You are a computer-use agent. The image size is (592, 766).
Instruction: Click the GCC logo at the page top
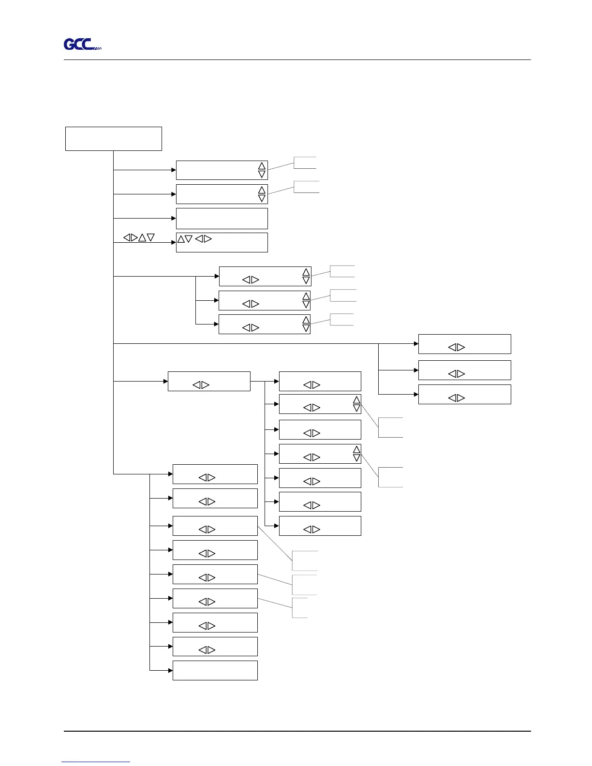click(82, 45)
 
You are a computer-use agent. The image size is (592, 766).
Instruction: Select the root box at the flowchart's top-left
click(113, 139)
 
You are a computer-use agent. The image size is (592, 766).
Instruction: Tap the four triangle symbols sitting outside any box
click(139, 237)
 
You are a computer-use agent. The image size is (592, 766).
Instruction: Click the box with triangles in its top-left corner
click(222, 242)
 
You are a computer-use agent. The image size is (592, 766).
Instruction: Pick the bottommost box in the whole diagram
click(215, 670)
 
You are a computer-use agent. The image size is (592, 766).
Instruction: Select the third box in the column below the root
click(222, 219)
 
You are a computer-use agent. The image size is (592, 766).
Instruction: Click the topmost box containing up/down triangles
click(222, 170)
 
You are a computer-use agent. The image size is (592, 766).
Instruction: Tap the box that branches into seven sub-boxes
click(209, 381)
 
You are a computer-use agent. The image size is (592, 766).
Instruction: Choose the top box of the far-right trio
click(464, 344)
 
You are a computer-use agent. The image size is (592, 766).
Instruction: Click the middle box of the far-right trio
click(464, 370)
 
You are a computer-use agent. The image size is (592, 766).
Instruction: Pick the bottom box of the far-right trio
click(464, 394)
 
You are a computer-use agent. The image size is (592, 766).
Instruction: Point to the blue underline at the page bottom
click(96, 762)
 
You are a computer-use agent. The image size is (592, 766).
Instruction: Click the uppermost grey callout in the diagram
click(305, 162)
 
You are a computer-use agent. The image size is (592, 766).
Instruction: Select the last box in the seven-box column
click(320, 526)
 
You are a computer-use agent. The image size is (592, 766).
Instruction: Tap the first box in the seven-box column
click(320, 381)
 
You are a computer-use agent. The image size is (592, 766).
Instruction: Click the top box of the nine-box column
click(215, 474)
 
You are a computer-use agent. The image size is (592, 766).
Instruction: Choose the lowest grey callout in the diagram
click(300, 608)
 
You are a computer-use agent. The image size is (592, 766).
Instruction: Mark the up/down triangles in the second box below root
click(262, 194)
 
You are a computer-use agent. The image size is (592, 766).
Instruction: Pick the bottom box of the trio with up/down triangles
click(264, 324)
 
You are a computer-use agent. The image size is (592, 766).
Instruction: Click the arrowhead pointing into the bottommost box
click(170, 670)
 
